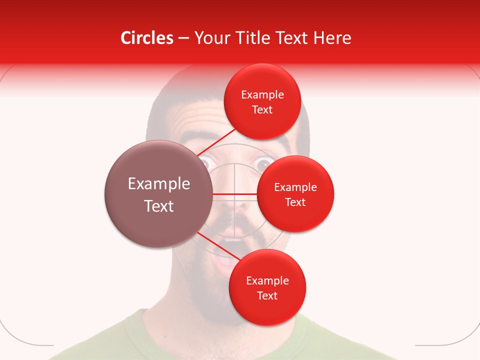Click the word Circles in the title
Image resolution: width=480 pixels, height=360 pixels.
(x=147, y=38)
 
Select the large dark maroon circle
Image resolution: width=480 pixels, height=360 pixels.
(x=158, y=194)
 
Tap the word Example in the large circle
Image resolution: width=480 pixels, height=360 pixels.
(x=158, y=184)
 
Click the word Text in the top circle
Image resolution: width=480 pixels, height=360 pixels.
(x=262, y=110)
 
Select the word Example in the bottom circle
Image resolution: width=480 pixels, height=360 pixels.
(x=267, y=280)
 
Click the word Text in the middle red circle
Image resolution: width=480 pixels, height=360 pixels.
(x=295, y=202)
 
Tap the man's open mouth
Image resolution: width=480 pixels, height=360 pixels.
(x=227, y=250)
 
